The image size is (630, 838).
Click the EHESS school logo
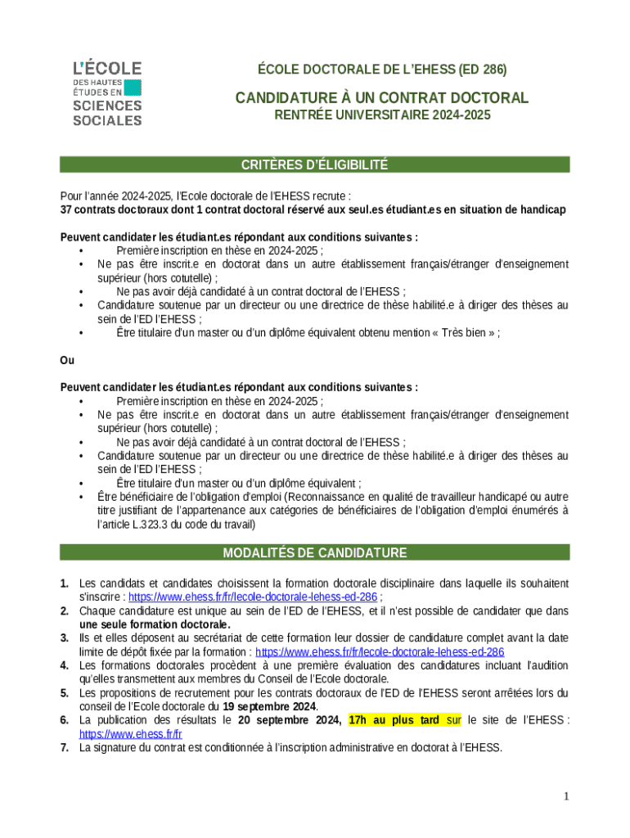coord(106,92)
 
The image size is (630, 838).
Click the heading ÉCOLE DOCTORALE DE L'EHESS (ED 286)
coord(383,70)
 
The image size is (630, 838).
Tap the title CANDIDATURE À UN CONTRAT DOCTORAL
coord(382,98)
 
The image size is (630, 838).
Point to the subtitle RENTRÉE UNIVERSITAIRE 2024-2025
coord(382,115)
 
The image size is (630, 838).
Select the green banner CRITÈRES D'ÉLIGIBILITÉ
coord(314,165)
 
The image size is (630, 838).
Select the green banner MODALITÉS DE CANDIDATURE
coord(314,553)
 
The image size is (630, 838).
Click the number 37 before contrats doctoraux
coord(67,209)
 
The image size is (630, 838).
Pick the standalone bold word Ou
coord(67,360)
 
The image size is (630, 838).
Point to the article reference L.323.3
coord(149,524)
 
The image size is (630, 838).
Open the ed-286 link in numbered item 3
coord(380,652)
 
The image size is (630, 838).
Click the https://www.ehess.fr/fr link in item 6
coord(130,734)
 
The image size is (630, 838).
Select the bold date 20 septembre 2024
coord(290,720)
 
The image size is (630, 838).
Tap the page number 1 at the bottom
coord(565,796)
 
